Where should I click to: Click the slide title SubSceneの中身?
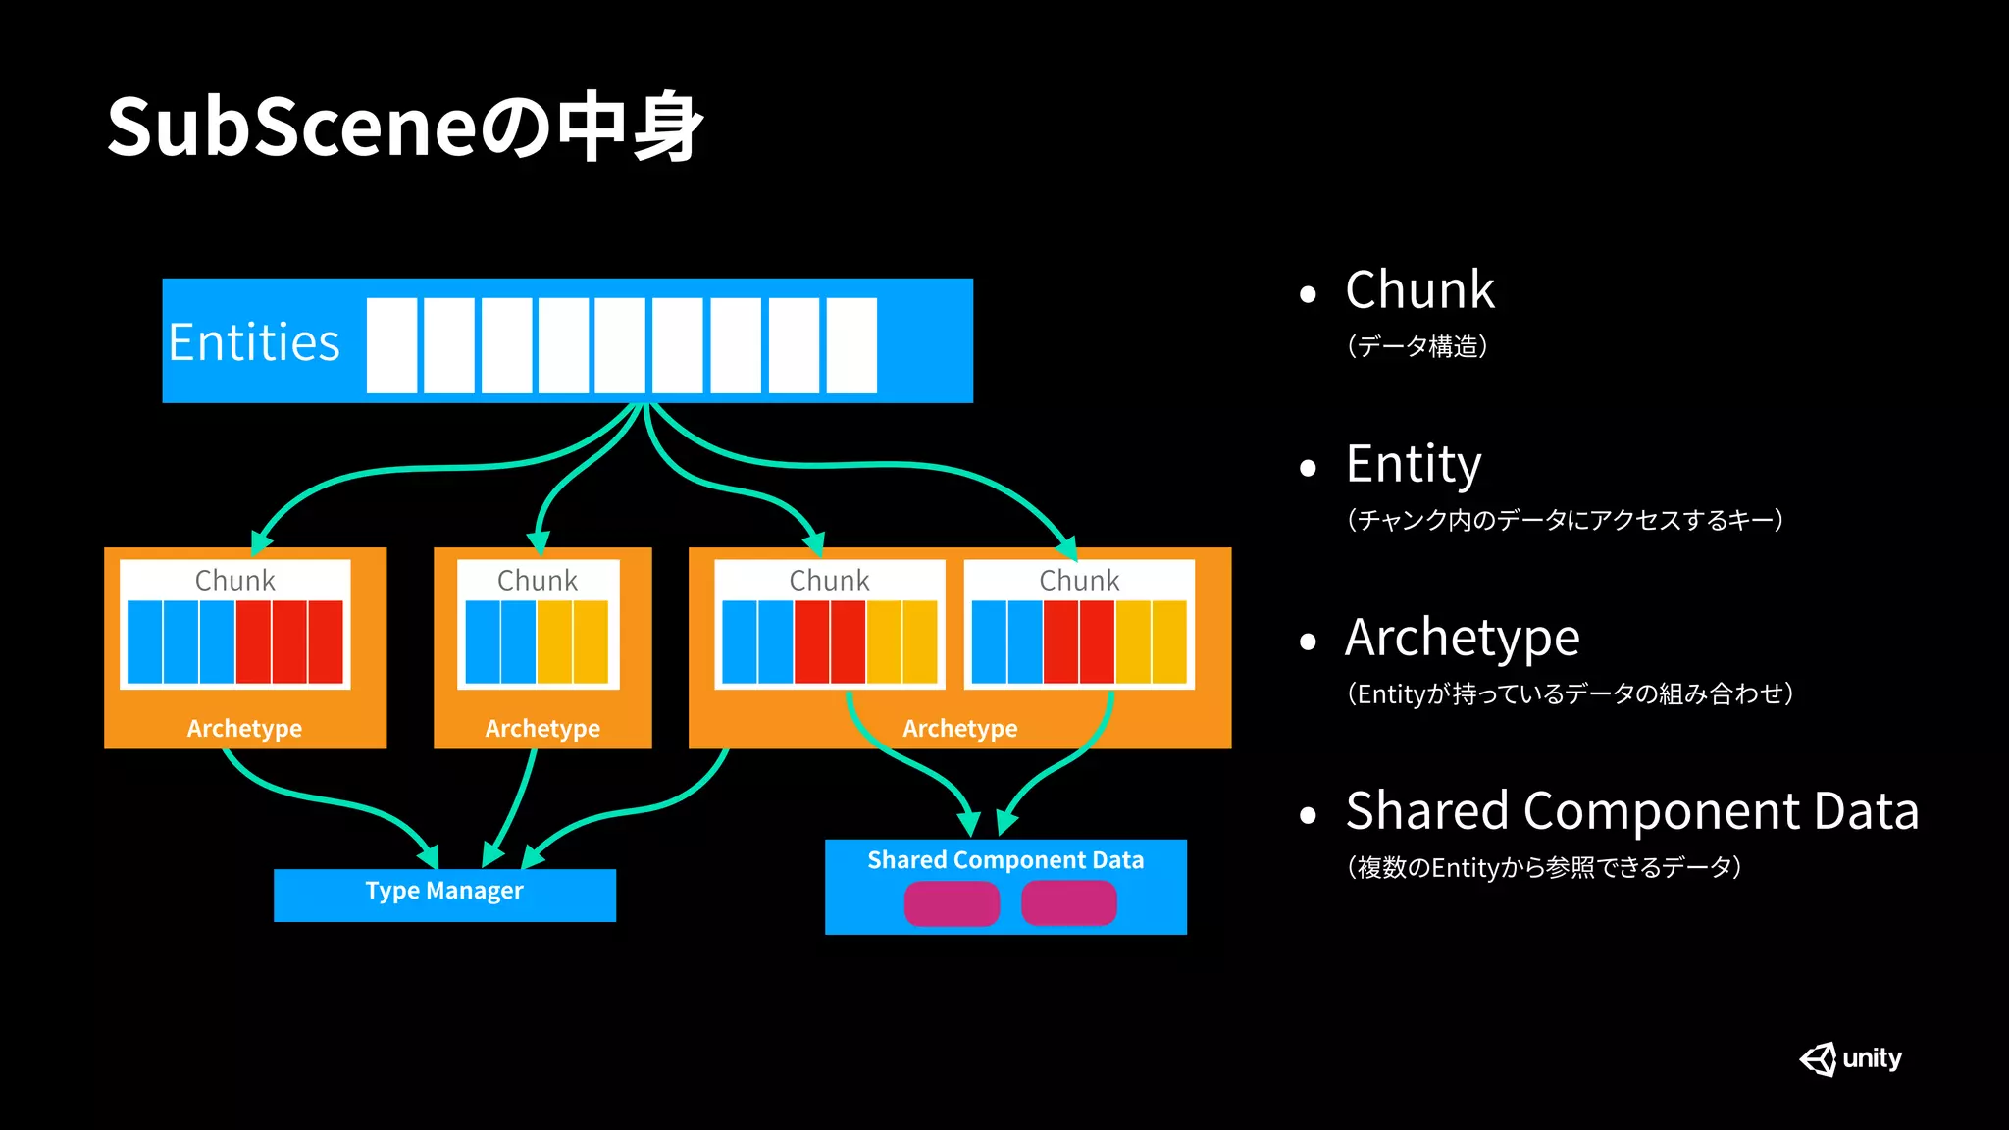tap(404, 128)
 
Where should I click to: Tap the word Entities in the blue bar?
tap(254, 342)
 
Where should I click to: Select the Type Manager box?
tap(444, 894)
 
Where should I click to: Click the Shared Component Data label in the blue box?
tap(1005, 860)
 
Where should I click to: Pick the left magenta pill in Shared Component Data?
tap(952, 903)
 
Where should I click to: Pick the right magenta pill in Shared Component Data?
tap(1068, 903)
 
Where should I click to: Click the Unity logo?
tap(1850, 1058)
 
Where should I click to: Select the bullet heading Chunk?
tap(1419, 290)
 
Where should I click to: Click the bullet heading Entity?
tap(1413, 464)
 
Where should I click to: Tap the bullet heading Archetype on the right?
tap(1462, 638)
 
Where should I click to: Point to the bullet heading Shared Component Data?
tap(1631, 811)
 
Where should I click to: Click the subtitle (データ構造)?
tap(1417, 346)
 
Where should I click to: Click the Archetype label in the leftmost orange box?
tap(244, 728)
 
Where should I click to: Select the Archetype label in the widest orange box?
tap(959, 728)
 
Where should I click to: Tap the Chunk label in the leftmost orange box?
tap(234, 580)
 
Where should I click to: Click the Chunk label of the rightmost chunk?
tap(1079, 580)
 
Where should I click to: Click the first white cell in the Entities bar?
tap(391, 345)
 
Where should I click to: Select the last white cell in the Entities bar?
tap(851, 345)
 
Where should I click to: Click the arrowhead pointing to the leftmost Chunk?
tap(261, 541)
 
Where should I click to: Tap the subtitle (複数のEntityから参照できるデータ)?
tap(1544, 867)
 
